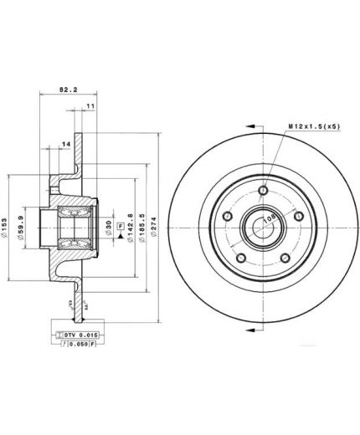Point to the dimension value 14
pyautogui.click(x=66, y=145)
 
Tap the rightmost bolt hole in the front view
pyautogui.click(x=297, y=217)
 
